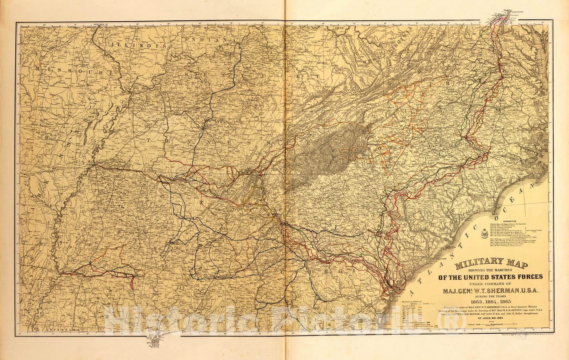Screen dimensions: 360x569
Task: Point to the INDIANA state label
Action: point(207,42)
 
